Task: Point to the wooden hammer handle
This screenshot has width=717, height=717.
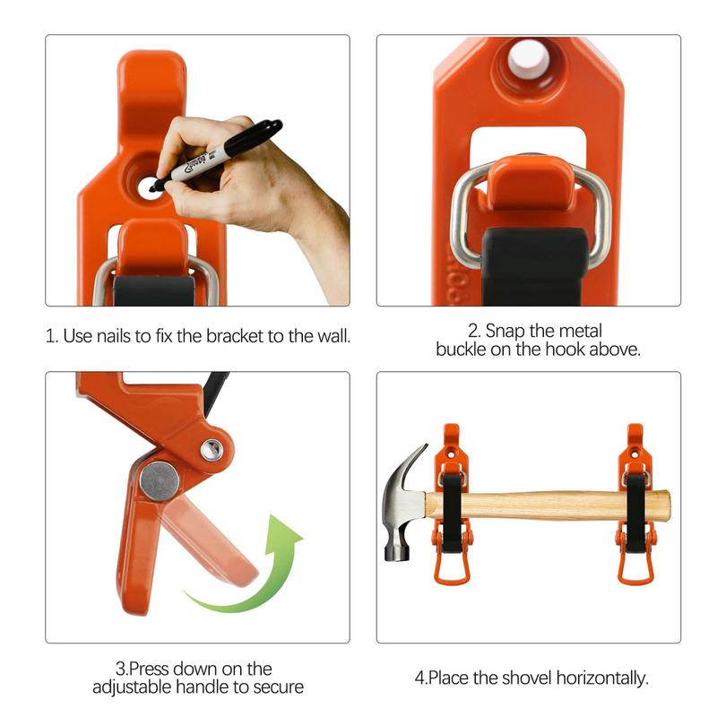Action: [x=556, y=505]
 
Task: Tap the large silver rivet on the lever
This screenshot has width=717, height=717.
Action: [x=160, y=480]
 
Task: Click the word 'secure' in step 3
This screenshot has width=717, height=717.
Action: [x=279, y=687]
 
